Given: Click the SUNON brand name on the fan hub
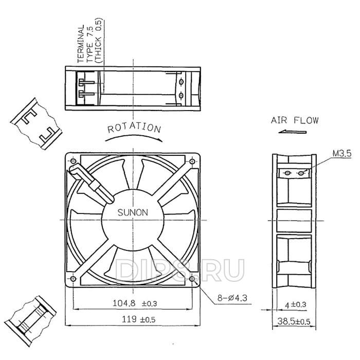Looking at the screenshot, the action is pos(133,212).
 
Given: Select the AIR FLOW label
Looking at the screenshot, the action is pos(295,120).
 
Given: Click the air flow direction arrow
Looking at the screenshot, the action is pos(293,132).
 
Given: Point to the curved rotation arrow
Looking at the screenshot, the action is pos(134,135).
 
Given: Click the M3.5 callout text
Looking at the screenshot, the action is pos(342,153).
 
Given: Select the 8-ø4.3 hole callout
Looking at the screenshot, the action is pos(232,298).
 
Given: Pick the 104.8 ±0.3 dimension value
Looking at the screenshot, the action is pos(135,303).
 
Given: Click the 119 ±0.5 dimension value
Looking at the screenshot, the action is pos(138,319).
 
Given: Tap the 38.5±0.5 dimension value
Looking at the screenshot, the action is pos(294,321).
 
